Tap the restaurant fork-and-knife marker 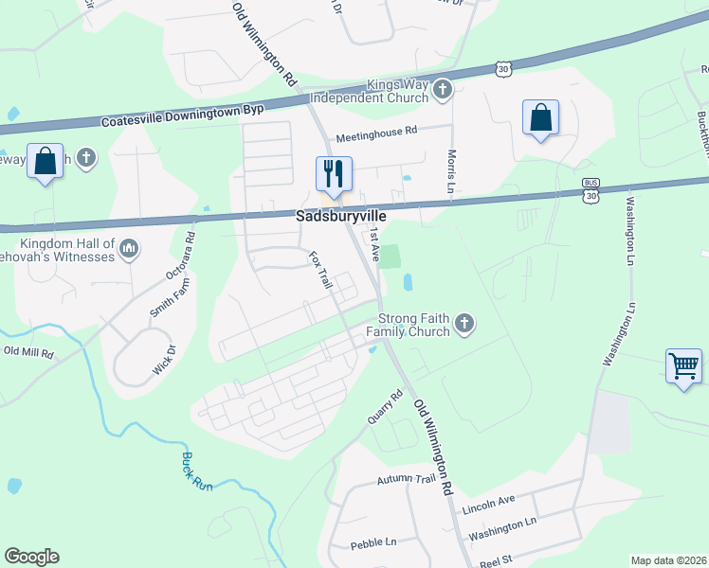[x=334, y=173]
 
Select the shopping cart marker [x=683, y=365]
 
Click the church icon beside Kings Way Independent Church [x=442, y=91]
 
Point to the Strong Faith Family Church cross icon [x=464, y=325]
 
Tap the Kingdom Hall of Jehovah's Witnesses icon [x=129, y=249]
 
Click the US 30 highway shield [x=503, y=68]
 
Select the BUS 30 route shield [x=591, y=191]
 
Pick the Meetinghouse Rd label [x=376, y=133]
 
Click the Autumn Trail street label [x=405, y=482]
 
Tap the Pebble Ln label [x=373, y=542]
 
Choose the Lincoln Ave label [x=488, y=503]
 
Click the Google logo [x=31, y=557]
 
